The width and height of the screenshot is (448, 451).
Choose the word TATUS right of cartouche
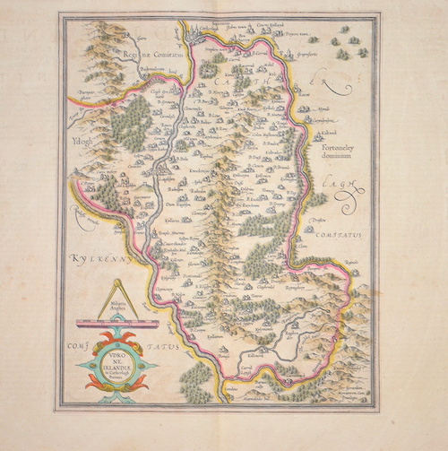[x=166, y=344]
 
